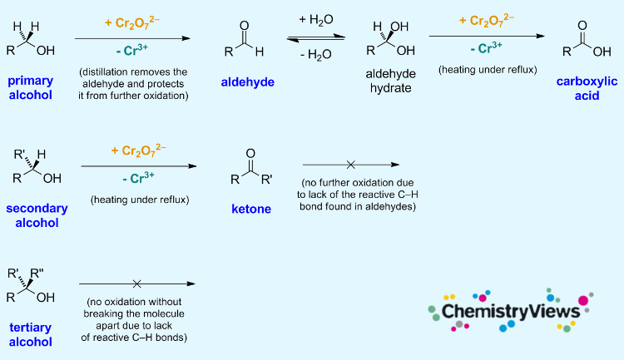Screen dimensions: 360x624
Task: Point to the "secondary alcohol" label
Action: pyautogui.click(x=36, y=215)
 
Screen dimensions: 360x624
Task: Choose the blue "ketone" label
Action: pyautogui.click(x=251, y=209)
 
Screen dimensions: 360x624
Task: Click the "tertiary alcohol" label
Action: pyautogui.click(x=32, y=334)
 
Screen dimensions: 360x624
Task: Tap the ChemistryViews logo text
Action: pyautogui.click(x=510, y=312)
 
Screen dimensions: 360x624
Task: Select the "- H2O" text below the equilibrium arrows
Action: pyautogui.click(x=316, y=57)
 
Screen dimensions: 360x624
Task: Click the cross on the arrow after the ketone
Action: pyautogui.click(x=350, y=165)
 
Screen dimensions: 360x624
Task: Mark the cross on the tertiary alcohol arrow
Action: pyautogui.click(x=136, y=284)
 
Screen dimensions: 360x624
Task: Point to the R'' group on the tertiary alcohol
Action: pyautogui.click(x=41, y=273)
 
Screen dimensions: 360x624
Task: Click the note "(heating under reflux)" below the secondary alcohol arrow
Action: pyautogui.click(x=138, y=200)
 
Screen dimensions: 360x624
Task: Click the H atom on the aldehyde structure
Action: pyautogui.click(x=260, y=52)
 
